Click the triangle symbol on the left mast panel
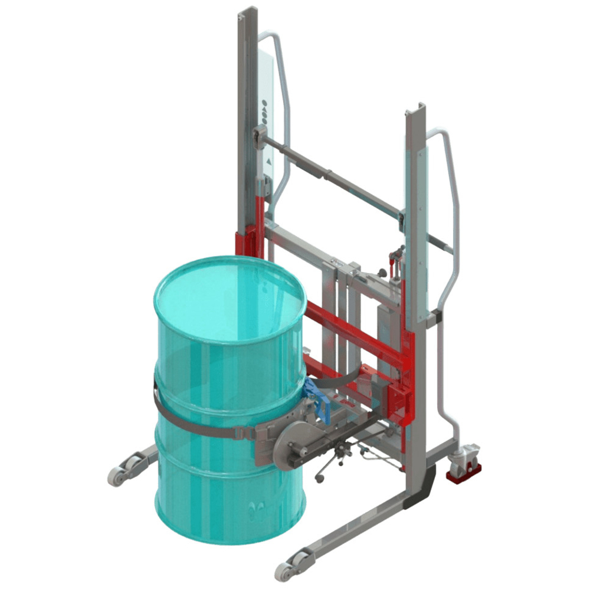click(269, 160)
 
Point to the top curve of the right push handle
click(440, 133)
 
